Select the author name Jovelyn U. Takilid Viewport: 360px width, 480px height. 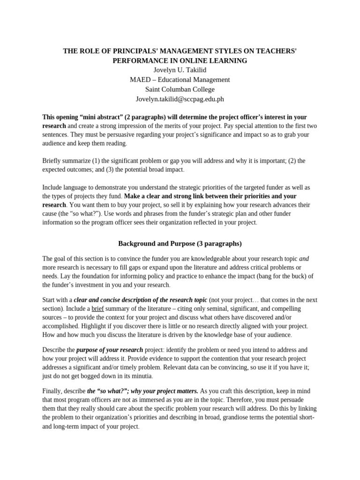click(x=180, y=70)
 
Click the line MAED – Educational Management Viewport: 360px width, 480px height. click(x=180, y=80)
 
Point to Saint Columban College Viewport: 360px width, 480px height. click(x=180, y=89)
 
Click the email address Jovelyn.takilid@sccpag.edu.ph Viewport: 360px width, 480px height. click(x=180, y=99)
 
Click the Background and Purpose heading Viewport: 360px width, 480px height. click(x=180, y=243)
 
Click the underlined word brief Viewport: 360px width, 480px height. click(x=97, y=309)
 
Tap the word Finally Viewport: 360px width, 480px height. click(x=53, y=391)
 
